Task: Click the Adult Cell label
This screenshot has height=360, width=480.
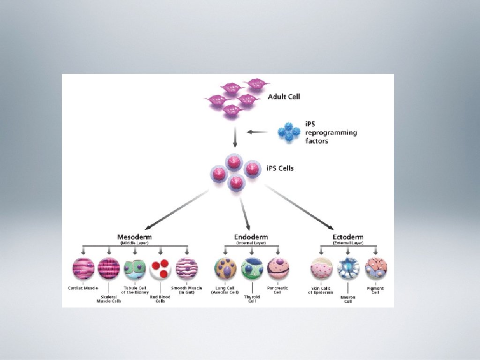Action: (284, 97)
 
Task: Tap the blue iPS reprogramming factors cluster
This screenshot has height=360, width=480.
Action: (288, 132)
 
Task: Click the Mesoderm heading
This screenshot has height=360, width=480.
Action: (134, 237)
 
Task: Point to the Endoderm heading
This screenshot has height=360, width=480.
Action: (251, 237)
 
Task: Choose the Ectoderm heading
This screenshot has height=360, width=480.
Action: (348, 237)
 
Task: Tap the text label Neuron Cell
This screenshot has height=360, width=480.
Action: (348, 299)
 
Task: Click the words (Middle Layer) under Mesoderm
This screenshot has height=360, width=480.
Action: (134, 243)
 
